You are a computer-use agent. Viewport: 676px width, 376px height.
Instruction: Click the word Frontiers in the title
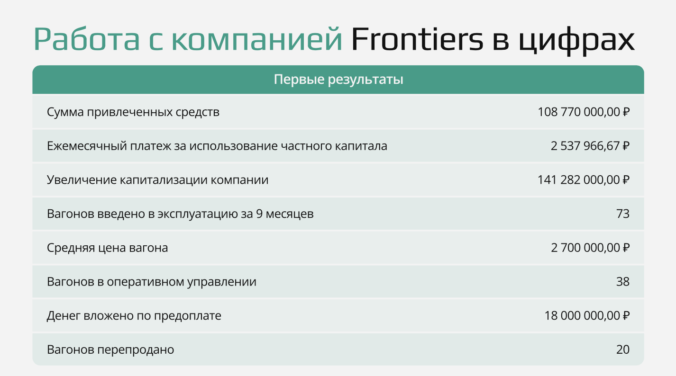coord(417,40)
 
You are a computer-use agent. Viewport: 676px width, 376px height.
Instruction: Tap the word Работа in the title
coord(87,40)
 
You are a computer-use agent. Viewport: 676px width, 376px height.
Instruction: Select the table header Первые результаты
coord(338,80)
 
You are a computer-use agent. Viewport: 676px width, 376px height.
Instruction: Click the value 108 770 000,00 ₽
coord(584,112)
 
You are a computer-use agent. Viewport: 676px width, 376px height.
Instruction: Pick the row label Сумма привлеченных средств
coord(133,112)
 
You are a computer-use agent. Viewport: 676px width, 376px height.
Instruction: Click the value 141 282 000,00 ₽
coord(584,180)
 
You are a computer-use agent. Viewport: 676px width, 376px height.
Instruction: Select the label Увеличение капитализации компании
coord(158,180)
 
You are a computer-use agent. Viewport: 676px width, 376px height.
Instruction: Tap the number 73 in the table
coord(623,214)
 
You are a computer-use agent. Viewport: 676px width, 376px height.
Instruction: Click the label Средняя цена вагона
coord(108,248)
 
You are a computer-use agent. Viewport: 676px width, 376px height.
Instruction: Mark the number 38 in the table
coord(623,282)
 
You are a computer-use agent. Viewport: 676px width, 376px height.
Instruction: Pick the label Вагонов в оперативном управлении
coord(152,282)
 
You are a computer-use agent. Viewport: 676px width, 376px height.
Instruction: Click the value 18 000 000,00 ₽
coord(587,315)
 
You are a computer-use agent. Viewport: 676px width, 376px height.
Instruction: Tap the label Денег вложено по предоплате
coord(134,315)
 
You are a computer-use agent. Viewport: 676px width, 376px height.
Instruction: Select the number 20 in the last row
coord(623,349)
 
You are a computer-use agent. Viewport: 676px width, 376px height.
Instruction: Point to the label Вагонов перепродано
coord(110,349)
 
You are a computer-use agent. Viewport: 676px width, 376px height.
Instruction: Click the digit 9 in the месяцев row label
coord(259,214)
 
